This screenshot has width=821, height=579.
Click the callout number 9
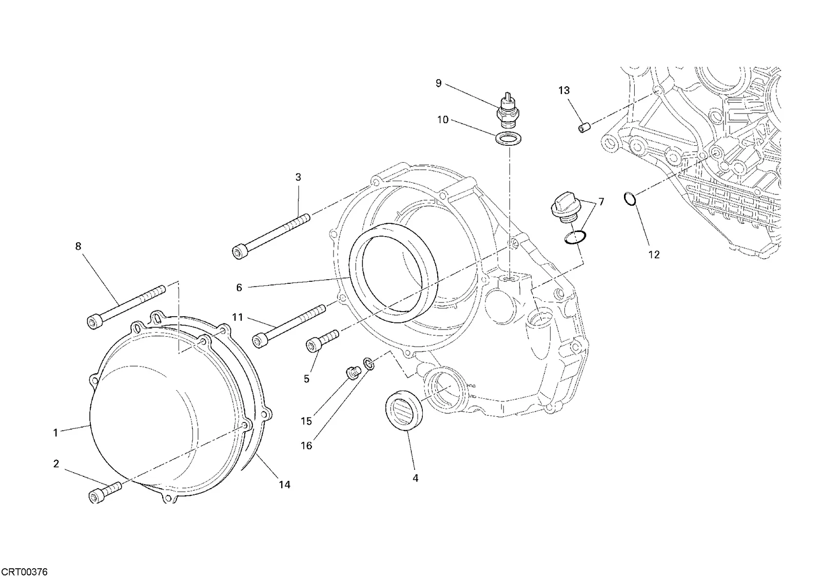coord(439,83)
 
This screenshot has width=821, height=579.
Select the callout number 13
coord(564,90)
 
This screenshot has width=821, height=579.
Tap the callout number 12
coord(654,255)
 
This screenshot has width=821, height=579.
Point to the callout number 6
coord(239,288)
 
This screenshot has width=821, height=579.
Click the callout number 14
coord(284,485)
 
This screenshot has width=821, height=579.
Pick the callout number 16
coord(306,446)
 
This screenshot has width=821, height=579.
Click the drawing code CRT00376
coord(24,572)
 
